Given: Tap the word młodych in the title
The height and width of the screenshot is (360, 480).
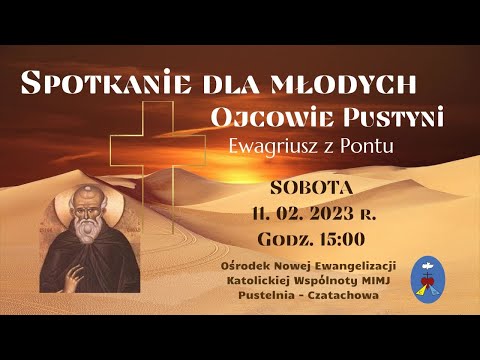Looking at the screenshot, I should coord(358,83).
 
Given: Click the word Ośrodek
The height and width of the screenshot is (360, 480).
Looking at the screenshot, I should coord(253,264).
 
